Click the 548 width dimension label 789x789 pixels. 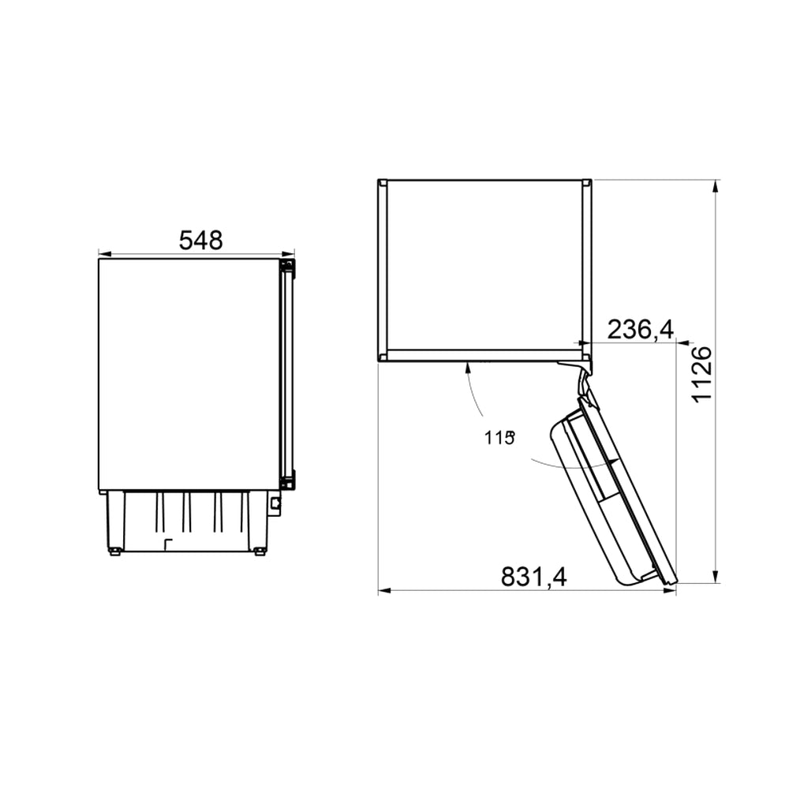[200, 240]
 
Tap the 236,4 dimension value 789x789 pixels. [640, 330]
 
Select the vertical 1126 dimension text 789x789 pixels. [701, 374]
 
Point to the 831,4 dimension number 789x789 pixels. [533, 578]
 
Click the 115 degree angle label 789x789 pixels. [499, 438]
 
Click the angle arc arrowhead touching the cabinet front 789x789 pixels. [467, 365]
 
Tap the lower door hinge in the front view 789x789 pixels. [288, 479]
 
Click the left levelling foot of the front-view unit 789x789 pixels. [115, 551]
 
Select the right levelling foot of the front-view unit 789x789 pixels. [259, 551]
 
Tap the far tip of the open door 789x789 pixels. [672, 582]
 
